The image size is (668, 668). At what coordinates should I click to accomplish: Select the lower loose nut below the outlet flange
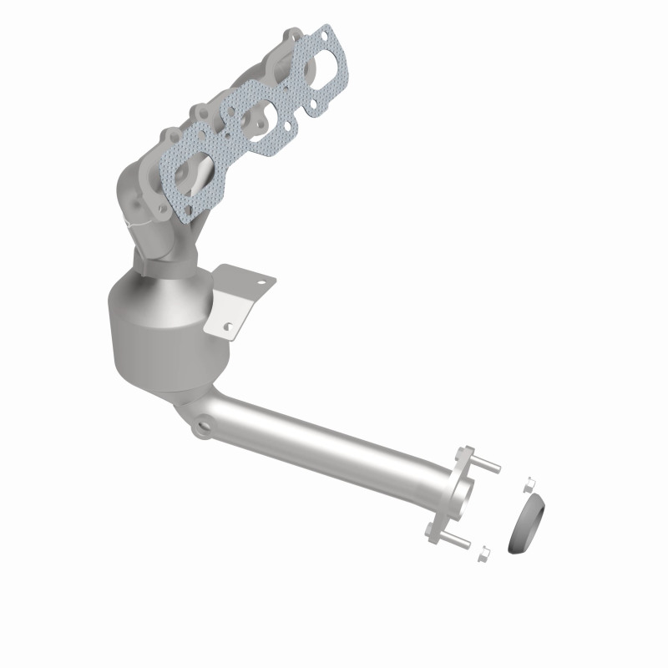(x=483, y=552)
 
